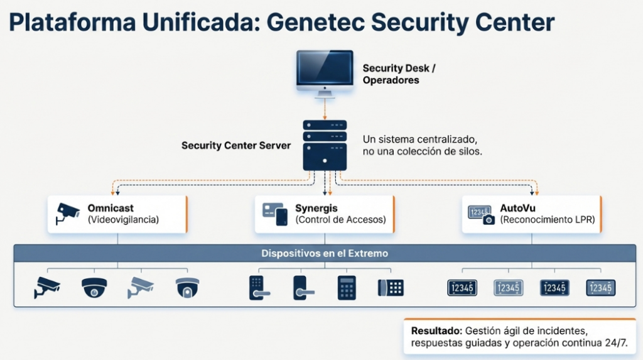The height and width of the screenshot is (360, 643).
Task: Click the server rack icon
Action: click(x=325, y=145)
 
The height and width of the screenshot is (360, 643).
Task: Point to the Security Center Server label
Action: click(x=236, y=145)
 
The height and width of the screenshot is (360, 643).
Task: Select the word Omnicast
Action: click(x=111, y=208)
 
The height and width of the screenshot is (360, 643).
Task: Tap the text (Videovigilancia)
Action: click(x=123, y=220)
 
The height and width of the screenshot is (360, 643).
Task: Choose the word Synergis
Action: click(x=316, y=208)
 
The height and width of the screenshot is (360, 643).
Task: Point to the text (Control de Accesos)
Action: click(x=340, y=220)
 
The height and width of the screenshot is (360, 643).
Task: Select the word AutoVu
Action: click(x=517, y=208)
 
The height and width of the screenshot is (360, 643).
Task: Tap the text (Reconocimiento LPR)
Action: click(x=547, y=220)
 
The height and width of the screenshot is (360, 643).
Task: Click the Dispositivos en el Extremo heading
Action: click(x=324, y=254)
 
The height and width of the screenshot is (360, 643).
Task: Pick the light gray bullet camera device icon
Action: click(x=140, y=287)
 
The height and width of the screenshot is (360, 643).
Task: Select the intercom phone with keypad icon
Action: click(x=391, y=287)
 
